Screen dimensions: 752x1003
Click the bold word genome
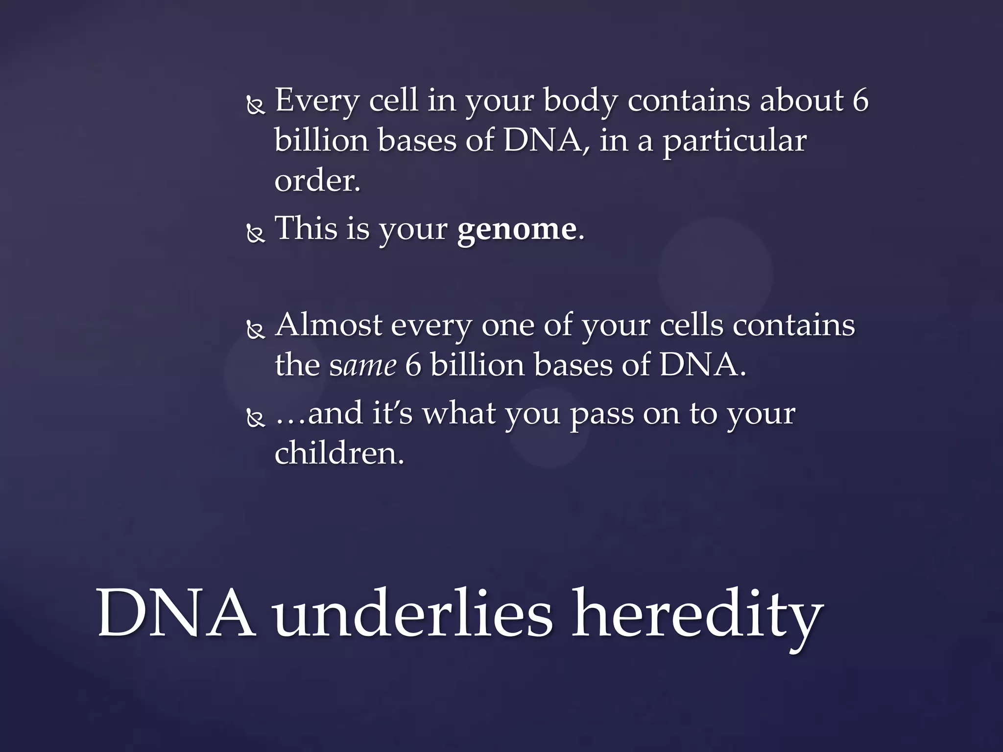pyautogui.click(x=516, y=229)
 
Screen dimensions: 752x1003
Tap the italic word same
pyautogui.click(x=362, y=366)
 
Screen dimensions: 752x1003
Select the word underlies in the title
pyautogui.click(x=412, y=614)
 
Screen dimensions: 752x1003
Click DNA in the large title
pyautogui.click(x=176, y=614)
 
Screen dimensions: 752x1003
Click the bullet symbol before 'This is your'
pyautogui.click(x=255, y=234)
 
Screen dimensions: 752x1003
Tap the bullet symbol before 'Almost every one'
pyautogui.click(x=255, y=331)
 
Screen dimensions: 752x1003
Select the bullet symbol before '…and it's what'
pyautogui.click(x=255, y=419)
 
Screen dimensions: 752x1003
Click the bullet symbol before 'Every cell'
pyautogui.click(x=255, y=106)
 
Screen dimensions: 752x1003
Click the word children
pyautogui.click(x=339, y=453)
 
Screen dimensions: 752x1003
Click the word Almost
pyautogui.click(x=328, y=325)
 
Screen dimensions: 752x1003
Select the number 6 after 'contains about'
pyautogui.click(x=860, y=100)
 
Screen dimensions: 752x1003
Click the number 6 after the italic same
pyautogui.click(x=413, y=366)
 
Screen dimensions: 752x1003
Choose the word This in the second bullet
pyautogui.click(x=306, y=228)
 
